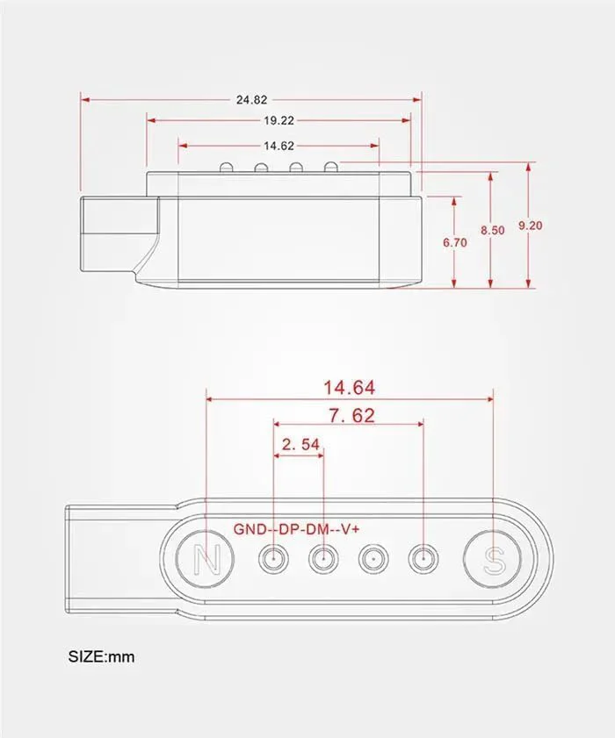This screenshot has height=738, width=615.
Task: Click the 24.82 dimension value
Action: tap(251, 100)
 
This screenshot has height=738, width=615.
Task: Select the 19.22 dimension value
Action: tap(279, 120)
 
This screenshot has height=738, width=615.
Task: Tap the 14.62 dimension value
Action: tap(279, 146)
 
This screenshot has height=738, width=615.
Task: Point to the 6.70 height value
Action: tap(455, 242)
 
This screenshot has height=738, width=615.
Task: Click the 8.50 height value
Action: tap(493, 230)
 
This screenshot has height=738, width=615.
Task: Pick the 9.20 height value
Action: tap(531, 226)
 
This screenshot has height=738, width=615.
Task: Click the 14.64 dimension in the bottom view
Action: tap(349, 387)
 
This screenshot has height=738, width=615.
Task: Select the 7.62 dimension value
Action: tap(351, 415)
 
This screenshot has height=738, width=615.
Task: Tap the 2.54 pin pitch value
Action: tap(300, 444)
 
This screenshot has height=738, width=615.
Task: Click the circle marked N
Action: tap(206, 559)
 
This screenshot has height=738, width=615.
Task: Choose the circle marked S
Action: tap(493, 559)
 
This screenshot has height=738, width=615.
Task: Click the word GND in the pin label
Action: tap(250, 529)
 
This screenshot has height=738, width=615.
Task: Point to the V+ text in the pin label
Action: tap(350, 529)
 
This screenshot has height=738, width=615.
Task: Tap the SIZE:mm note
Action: tap(101, 656)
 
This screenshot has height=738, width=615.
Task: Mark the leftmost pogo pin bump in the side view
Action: tap(226, 167)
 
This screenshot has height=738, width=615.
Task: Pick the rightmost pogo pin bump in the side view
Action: tap(331, 167)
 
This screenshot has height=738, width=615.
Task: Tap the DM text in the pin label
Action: tap(318, 529)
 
